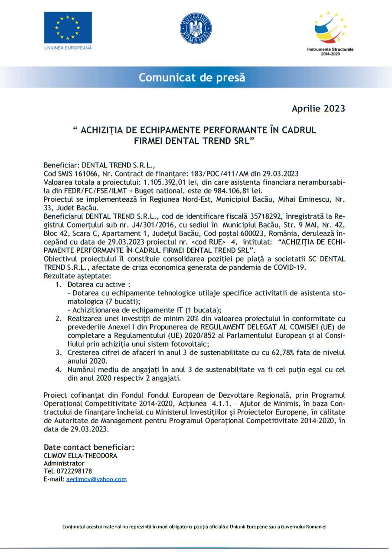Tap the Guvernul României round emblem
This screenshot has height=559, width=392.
tap(196, 29)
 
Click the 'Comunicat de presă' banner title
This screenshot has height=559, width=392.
tap(192, 78)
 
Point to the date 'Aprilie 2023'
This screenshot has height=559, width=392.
tap(318, 108)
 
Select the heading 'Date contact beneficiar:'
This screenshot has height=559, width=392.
tap(89, 447)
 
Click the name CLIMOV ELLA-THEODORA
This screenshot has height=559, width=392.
tap(80, 456)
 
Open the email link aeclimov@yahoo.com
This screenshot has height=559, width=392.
tap(96, 479)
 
